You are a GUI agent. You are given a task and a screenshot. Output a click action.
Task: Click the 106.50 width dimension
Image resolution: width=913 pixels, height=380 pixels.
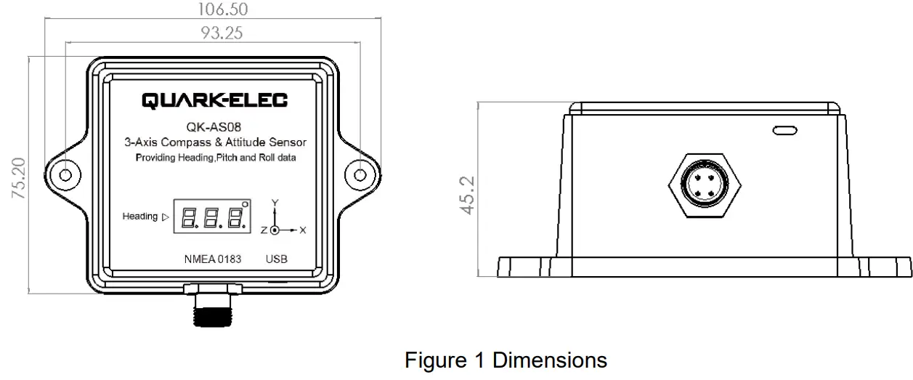pyautogui.click(x=212, y=9)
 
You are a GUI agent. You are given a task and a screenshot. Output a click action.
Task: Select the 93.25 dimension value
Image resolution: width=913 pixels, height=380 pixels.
pyautogui.click(x=212, y=33)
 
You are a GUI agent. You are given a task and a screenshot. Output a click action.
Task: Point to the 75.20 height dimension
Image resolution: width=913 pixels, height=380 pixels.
pyautogui.click(x=20, y=178)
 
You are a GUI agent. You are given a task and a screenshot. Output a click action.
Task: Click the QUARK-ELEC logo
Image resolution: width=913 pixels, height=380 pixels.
pyautogui.click(x=214, y=100)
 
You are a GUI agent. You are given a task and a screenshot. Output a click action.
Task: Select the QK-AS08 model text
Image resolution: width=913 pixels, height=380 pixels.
pyautogui.click(x=214, y=128)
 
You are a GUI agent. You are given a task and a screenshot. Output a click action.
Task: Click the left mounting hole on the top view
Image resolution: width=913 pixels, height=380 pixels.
pyautogui.click(x=65, y=175)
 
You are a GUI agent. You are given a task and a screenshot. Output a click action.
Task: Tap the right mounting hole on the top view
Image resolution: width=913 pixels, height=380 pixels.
pyautogui.click(x=361, y=175)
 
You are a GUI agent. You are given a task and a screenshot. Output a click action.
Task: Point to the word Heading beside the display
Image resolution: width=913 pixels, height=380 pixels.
pyautogui.click(x=139, y=217)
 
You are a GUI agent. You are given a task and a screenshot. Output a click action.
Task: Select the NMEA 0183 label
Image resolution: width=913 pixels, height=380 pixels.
pyautogui.click(x=214, y=259)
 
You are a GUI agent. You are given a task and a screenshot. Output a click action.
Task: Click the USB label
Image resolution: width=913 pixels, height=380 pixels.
pyautogui.click(x=277, y=259)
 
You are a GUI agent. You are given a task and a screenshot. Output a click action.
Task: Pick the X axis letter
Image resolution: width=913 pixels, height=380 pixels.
pyautogui.click(x=303, y=230)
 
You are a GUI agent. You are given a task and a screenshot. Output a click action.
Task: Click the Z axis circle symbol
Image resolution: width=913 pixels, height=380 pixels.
pyautogui.click(x=275, y=230)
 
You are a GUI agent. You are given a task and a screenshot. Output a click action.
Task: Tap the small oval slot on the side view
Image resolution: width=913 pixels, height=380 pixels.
pyautogui.click(x=784, y=131)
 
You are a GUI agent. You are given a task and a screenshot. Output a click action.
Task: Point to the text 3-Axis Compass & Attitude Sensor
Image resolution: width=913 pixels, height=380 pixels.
pyautogui.click(x=214, y=142)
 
